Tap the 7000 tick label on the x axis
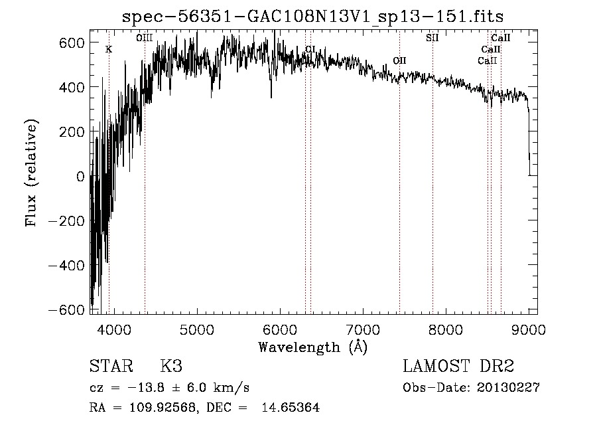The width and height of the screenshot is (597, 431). (x=362, y=328)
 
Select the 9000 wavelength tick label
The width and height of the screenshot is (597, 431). (x=529, y=328)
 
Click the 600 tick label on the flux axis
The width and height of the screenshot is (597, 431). (x=70, y=43)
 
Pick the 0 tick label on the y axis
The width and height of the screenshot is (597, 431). (x=80, y=177)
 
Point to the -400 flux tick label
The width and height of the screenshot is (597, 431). (x=65, y=266)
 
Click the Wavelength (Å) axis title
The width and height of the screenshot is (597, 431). (x=312, y=346)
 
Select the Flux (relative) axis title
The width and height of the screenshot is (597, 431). (x=31, y=173)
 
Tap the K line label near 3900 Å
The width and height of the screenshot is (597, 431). (x=109, y=49)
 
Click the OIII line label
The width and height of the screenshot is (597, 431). (x=144, y=39)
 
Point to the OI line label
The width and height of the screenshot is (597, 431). (x=310, y=49)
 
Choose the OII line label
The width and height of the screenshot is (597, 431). (x=399, y=60)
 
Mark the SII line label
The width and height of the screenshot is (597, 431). (x=432, y=38)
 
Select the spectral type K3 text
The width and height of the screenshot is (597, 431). (x=171, y=367)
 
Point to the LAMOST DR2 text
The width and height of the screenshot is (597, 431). (x=458, y=367)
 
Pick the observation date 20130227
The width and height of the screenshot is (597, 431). (x=507, y=388)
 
